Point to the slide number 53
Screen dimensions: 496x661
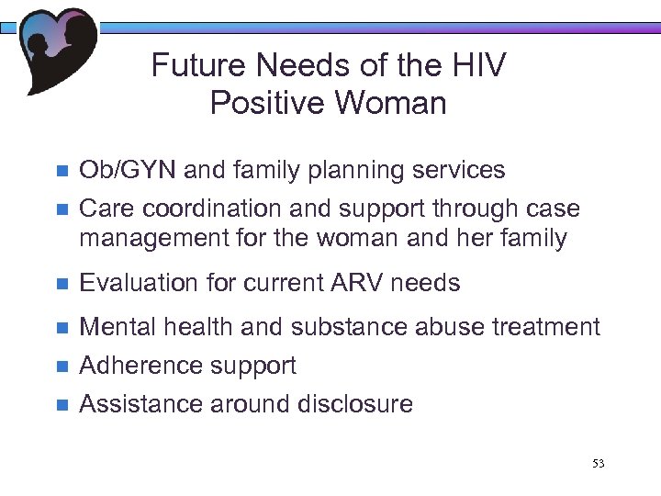click(599, 464)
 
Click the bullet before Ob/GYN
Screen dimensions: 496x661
click(62, 172)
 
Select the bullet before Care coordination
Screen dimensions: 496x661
click(62, 209)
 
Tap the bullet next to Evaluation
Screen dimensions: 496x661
click(62, 284)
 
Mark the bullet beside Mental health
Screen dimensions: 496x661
click(62, 328)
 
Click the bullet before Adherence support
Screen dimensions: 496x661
click(62, 366)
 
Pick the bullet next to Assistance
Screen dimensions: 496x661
click(62, 405)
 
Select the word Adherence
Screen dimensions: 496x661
click(139, 366)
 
